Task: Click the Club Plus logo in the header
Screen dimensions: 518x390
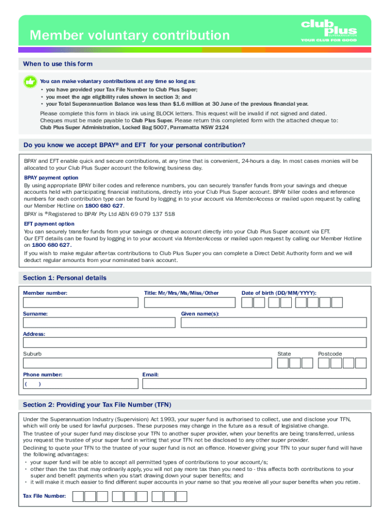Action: pos(329,31)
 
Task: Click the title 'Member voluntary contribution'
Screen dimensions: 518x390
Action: pos(129,35)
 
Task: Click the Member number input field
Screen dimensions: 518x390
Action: pos(81,303)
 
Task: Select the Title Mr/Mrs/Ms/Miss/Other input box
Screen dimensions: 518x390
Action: pos(189,303)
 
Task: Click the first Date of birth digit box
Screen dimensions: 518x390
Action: pos(247,303)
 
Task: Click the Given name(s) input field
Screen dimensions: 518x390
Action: pos(274,323)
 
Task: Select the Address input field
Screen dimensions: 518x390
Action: pos(194,343)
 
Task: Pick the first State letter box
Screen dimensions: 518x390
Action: pos(283,363)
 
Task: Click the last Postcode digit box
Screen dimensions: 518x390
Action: pos(361,363)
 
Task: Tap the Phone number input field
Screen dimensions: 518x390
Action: pos(81,383)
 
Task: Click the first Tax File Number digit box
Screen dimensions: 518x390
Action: pos(78,496)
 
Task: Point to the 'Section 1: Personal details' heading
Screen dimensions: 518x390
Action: pos(65,278)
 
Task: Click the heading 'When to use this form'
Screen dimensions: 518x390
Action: pos(58,64)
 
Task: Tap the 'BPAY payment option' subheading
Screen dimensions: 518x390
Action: pos(51,178)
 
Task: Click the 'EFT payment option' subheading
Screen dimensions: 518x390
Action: pos(49,224)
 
